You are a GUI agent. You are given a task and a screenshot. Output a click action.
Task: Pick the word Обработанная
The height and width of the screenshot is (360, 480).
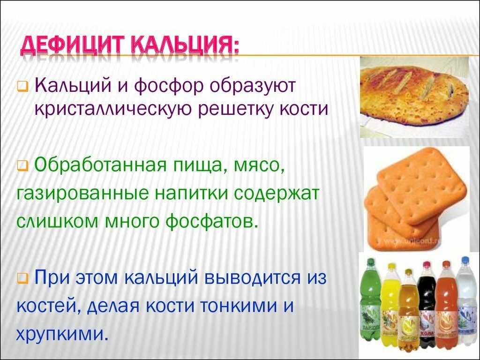(101, 166)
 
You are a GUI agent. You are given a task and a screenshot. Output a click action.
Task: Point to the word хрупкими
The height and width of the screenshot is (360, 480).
(62, 335)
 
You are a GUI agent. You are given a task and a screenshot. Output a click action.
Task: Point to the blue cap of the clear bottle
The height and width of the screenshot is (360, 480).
(465, 261)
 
